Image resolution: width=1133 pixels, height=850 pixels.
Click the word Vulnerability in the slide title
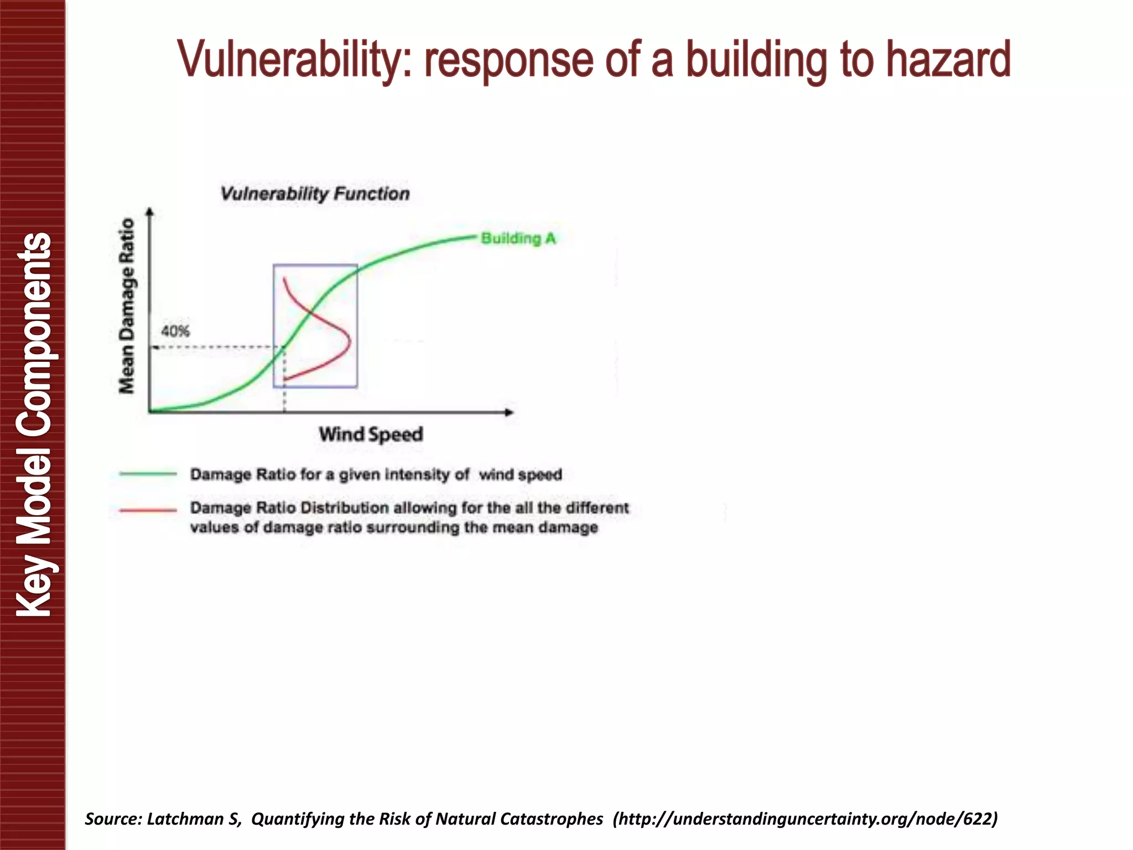(x=293, y=60)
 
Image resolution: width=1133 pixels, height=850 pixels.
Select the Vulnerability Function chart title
(x=315, y=194)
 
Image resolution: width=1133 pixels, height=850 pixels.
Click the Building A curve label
(x=518, y=239)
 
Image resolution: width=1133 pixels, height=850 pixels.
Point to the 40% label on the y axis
(x=175, y=331)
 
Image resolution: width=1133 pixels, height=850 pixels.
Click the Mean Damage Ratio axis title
(x=127, y=305)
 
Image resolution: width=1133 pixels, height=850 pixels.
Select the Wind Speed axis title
(x=371, y=434)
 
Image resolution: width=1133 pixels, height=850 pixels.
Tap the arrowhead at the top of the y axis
(x=149, y=211)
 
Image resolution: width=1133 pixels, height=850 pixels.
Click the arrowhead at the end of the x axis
(x=510, y=412)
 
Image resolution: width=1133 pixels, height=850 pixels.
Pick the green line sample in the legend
(x=148, y=474)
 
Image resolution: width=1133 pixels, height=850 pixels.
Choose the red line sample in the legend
(x=148, y=510)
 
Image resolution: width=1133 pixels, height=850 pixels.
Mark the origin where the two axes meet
(x=149, y=412)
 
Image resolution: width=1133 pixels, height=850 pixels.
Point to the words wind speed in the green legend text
(x=520, y=475)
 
